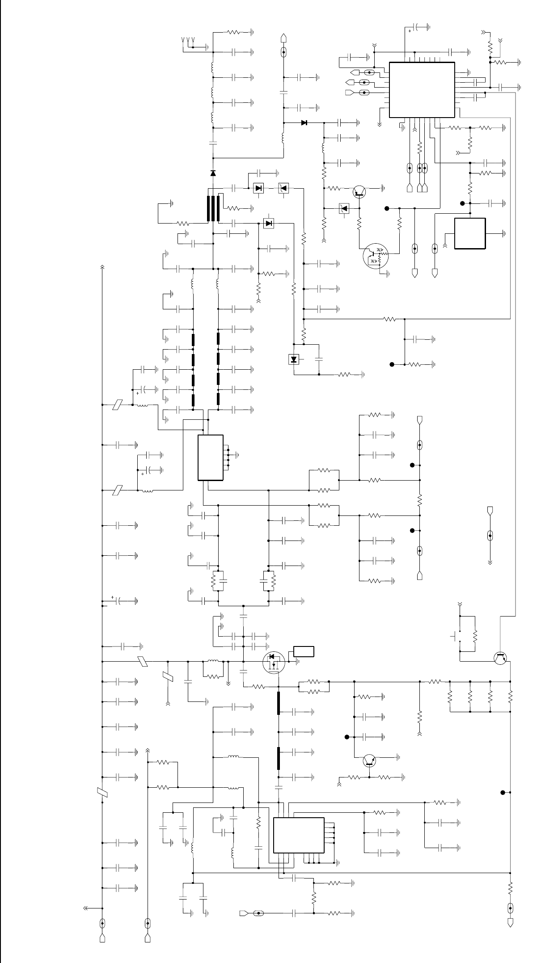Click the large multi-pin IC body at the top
point(422,90)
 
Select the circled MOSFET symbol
point(274,663)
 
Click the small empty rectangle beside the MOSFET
point(304,651)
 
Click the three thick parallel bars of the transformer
point(213,208)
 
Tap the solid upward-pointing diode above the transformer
point(213,173)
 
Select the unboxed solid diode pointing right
point(304,122)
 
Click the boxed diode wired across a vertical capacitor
point(294,359)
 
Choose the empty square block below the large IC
point(469,233)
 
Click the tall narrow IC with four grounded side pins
point(211,457)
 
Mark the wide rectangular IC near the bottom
point(299,835)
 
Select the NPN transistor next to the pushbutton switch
point(500,658)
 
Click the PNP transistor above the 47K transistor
point(359,191)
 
